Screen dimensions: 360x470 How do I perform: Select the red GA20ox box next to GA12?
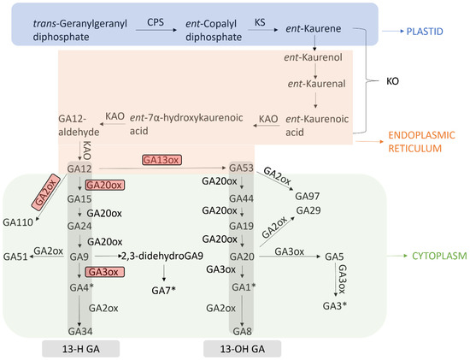tap(107, 184)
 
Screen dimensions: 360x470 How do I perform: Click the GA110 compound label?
tap(19, 221)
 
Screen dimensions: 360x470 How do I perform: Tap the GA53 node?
tap(242, 168)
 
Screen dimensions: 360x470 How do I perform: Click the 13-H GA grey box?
tap(79, 348)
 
